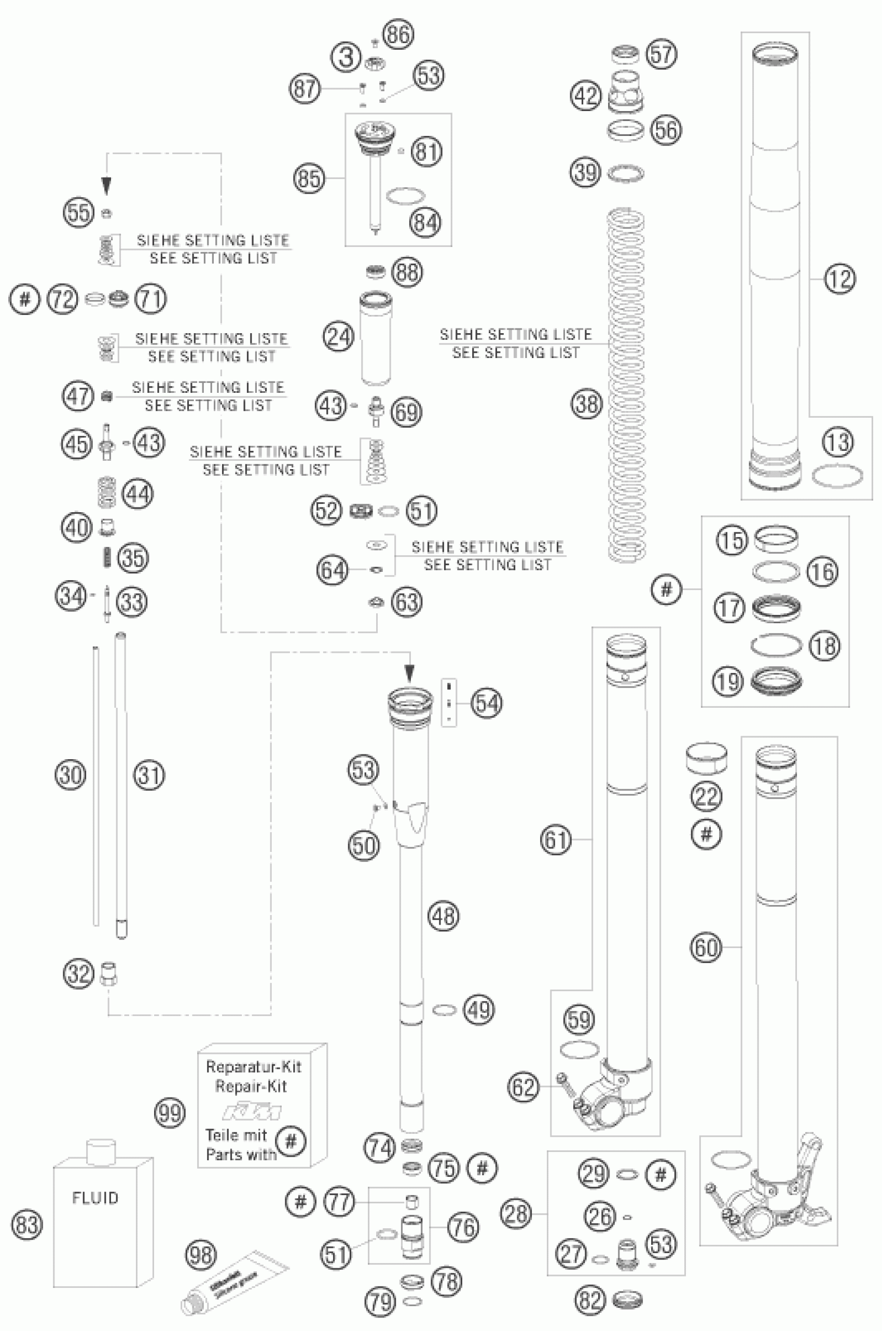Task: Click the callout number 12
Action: [x=839, y=279]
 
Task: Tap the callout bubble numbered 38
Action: [x=587, y=404]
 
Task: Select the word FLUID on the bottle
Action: [x=95, y=1198]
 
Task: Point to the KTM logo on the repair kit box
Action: [x=252, y=1112]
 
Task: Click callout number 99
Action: [x=169, y=1113]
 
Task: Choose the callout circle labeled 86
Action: [x=398, y=34]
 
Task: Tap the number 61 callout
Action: [x=556, y=840]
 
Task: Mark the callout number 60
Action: [x=706, y=948]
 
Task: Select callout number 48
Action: [x=443, y=916]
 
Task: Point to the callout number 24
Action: [x=339, y=337]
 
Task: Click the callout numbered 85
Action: [x=309, y=179]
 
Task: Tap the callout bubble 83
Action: [x=27, y=1225]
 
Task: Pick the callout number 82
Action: [x=590, y=1300]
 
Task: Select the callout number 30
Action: [x=71, y=775]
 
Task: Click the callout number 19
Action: [x=728, y=682]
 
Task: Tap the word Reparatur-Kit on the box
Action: [x=253, y=1066]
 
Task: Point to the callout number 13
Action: [x=838, y=442]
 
